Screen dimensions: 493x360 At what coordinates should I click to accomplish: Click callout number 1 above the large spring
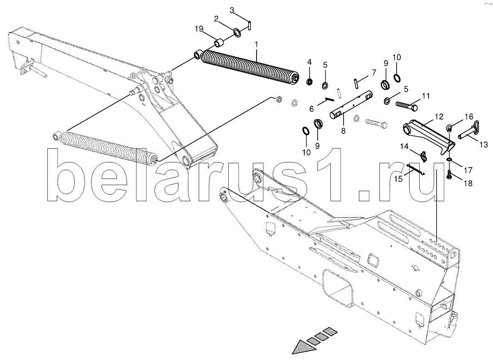256,45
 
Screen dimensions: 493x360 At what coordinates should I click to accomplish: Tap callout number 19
199,29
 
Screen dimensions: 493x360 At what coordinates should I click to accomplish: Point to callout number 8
343,131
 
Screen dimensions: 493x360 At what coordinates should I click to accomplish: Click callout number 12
439,117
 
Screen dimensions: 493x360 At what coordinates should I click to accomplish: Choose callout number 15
398,179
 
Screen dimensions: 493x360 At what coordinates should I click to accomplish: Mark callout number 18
468,183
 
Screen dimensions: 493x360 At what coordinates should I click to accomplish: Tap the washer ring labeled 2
237,32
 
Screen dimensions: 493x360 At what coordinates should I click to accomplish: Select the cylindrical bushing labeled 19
219,42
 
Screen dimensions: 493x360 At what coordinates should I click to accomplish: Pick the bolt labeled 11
406,105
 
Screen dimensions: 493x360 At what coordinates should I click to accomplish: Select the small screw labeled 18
449,175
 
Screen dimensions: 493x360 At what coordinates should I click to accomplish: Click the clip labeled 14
423,156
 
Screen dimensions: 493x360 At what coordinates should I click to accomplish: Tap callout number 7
373,73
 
